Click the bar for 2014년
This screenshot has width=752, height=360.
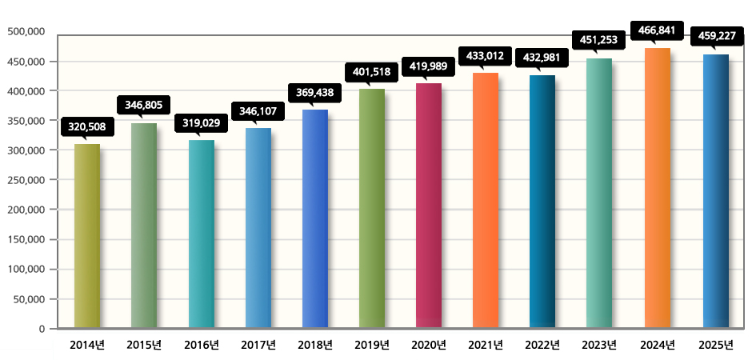click(87, 236)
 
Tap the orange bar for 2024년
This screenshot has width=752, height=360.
click(657, 188)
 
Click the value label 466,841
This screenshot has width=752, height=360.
click(658, 30)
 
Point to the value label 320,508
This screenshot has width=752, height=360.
click(87, 126)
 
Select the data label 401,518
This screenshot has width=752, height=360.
click(372, 71)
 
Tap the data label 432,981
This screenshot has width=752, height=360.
click(542, 58)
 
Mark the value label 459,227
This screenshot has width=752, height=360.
click(714, 36)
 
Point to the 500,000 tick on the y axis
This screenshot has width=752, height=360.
click(24, 32)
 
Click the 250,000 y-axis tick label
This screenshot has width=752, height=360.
click(24, 180)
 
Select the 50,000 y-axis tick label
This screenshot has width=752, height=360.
click(27, 299)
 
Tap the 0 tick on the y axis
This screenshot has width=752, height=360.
click(41, 329)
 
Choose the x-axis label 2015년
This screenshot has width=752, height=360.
click(144, 346)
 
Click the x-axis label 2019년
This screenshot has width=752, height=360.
click(372, 346)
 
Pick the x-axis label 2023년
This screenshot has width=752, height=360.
click(599, 346)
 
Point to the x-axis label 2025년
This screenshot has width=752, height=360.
click(714, 346)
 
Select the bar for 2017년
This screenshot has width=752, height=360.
click(258, 228)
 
